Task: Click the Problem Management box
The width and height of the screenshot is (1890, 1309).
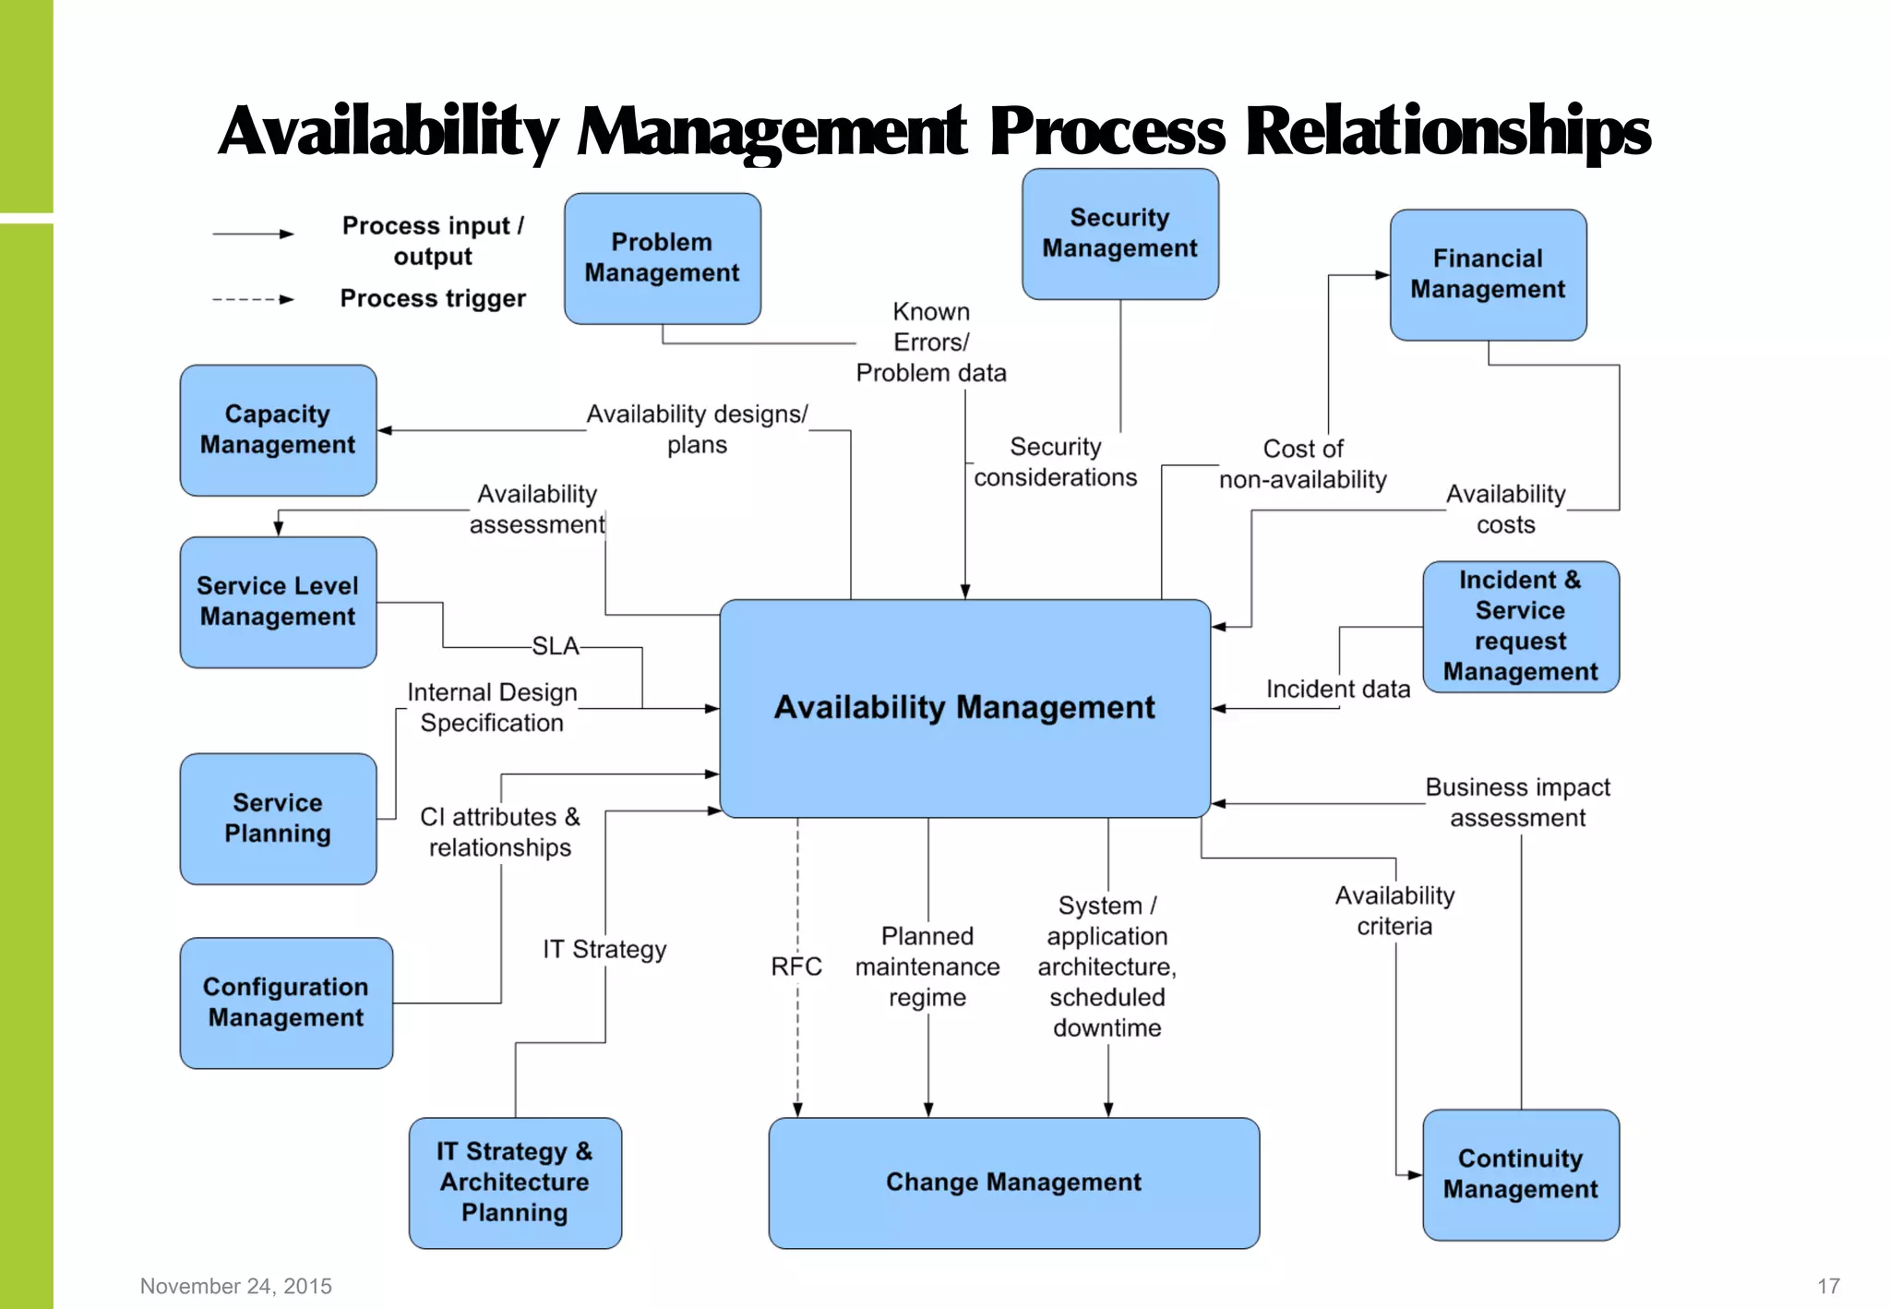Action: (x=662, y=258)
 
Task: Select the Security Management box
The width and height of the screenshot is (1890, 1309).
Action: (x=1119, y=234)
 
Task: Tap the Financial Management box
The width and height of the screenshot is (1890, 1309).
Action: (x=1488, y=274)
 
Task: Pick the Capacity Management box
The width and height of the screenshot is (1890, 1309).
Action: (x=278, y=429)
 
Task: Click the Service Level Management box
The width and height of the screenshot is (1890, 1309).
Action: (x=278, y=602)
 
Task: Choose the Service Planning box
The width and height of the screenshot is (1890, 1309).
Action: (x=278, y=818)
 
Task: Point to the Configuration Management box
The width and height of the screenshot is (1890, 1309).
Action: (x=286, y=1003)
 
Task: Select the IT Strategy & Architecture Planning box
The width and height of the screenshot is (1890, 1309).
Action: (x=515, y=1183)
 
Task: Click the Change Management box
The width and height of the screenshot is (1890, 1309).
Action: (x=1013, y=1183)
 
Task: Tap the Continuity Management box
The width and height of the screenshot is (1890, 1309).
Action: (x=1520, y=1174)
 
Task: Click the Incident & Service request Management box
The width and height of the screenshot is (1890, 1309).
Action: (x=1520, y=626)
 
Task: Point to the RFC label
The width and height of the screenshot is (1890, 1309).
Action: (x=796, y=967)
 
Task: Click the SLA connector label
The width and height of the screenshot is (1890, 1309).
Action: (x=556, y=646)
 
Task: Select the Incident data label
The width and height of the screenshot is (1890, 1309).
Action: (x=1337, y=690)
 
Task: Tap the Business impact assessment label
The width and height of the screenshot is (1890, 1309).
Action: (x=1517, y=802)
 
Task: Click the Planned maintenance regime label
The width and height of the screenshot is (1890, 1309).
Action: (x=927, y=967)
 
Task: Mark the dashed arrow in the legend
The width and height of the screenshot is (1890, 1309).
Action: (x=253, y=299)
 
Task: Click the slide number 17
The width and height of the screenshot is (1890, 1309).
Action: (x=1828, y=1286)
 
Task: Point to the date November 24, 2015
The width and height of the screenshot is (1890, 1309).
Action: (x=236, y=1286)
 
